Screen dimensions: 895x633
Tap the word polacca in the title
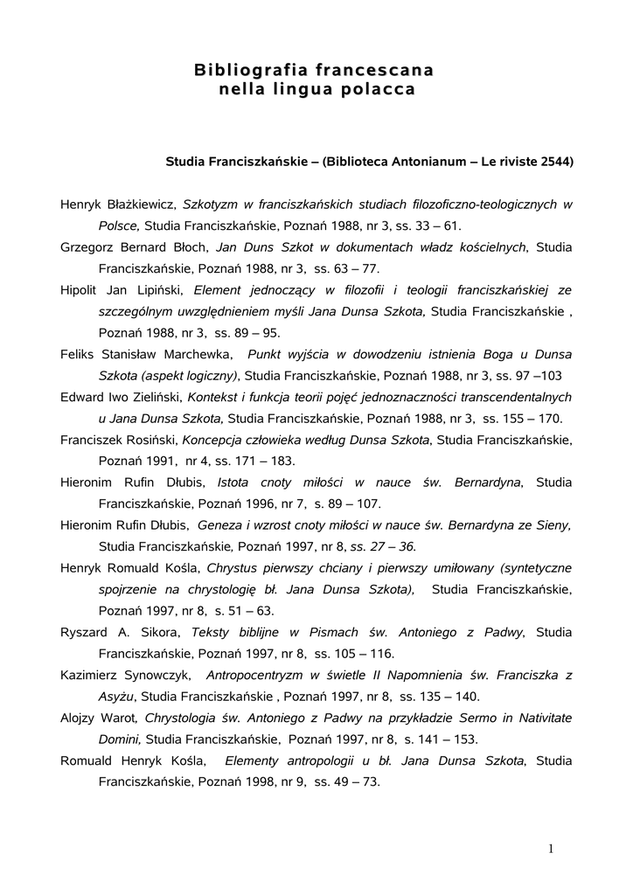[381, 88]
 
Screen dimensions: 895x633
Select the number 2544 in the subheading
[555, 162]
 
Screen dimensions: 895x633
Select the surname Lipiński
[157, 289]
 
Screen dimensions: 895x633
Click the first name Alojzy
[80, 717]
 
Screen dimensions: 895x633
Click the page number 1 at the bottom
[553, 847]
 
